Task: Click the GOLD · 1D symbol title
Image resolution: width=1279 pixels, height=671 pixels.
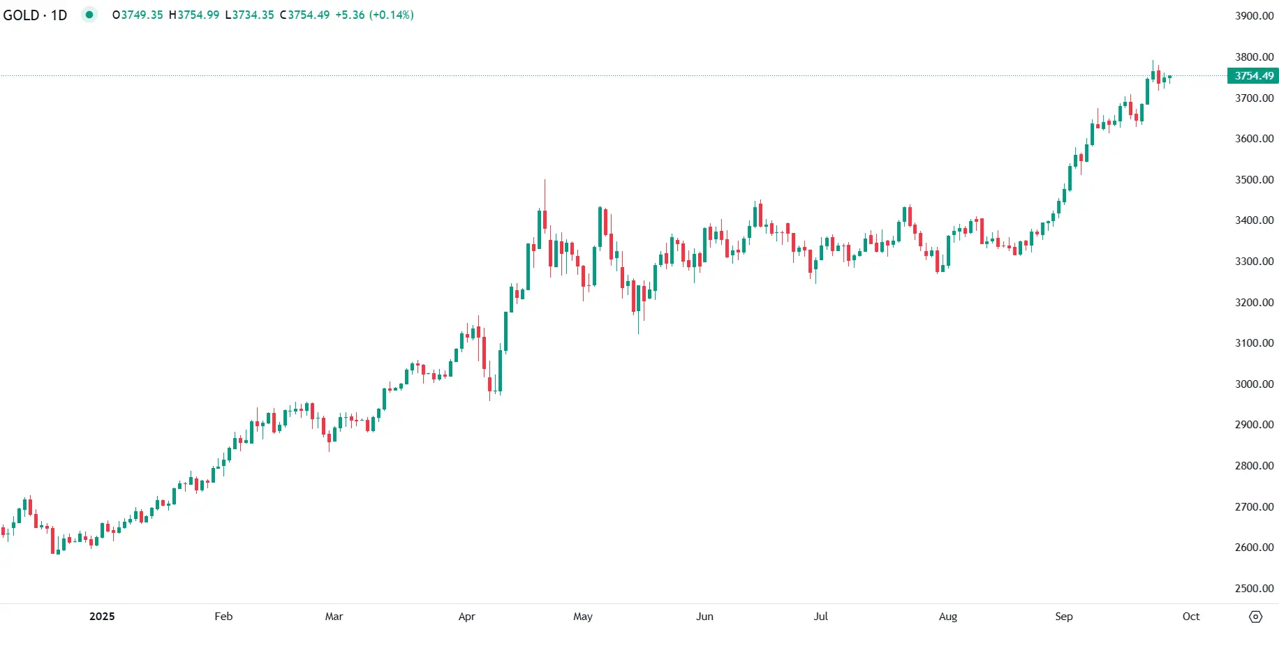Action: click(x=35, y=15)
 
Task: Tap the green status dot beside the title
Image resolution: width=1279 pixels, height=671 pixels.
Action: click(x=89, y=15)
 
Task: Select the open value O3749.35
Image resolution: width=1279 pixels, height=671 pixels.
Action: click(x=138, y=15)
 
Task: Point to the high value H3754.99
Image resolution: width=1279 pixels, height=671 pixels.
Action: click(x=194, y=15)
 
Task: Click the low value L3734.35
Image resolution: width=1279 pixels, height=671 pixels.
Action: click(x=249, y=15)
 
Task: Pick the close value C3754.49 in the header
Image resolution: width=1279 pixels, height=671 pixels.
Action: click(x=304, y=15)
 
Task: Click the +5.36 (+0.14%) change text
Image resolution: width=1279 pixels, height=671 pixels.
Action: click(x=374, y=15)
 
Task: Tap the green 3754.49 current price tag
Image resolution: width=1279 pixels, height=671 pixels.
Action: click(x=1254, y=76)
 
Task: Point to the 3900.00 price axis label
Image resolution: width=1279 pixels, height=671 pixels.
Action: click(x=1254, y=16)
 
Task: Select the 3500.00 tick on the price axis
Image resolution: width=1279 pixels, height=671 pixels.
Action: click(x=1254, y=180)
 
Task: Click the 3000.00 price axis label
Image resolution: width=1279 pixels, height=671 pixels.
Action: click(x=1254, y=384)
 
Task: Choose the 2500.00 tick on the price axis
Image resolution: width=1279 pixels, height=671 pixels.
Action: click(x=1254, y=589)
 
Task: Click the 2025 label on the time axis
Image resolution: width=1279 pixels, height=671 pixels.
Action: click(x=102, y=617)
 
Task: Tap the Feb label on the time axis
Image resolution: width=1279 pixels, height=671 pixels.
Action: click(x=223, y=617)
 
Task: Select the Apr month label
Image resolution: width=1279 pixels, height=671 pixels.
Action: click(x=467, y=617)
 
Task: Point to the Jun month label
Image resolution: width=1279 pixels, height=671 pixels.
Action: click(x=704, y=617)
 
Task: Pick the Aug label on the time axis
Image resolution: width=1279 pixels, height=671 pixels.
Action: click(x=948, y=617)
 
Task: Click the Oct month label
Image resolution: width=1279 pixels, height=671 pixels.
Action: click(x=1191, y=617)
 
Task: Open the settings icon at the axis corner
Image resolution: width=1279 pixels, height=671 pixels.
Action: click(x=1255, y=617)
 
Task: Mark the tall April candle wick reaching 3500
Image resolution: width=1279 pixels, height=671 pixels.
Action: click(x=545, y=192)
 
